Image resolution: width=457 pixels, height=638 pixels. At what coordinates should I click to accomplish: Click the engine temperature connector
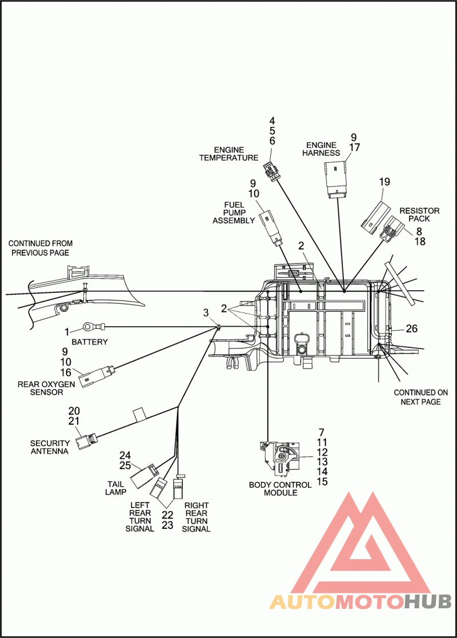click(270, 170)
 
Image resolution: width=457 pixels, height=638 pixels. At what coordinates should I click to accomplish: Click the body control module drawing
click(279, 460)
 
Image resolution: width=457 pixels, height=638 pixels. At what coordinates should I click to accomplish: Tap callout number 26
click(412, 328)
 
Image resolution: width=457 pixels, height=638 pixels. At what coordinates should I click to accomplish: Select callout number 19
click(384, 182)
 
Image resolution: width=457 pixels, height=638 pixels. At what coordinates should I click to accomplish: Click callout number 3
click(206, 312)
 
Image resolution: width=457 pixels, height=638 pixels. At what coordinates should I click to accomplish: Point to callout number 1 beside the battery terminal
click(67, 332)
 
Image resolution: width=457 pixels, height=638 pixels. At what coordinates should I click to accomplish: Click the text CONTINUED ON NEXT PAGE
click(421, 397)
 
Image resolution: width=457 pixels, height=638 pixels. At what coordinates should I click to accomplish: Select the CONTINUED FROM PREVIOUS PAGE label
click(41, 248)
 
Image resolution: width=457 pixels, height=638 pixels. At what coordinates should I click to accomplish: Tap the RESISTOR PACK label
click(419, 214)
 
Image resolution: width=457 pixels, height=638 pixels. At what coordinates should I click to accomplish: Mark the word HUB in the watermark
click(428, 601)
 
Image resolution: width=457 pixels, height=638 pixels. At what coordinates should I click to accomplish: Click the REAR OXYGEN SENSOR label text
click(46, 388)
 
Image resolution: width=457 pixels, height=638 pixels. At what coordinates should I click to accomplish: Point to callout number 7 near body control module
click(322, 432)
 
